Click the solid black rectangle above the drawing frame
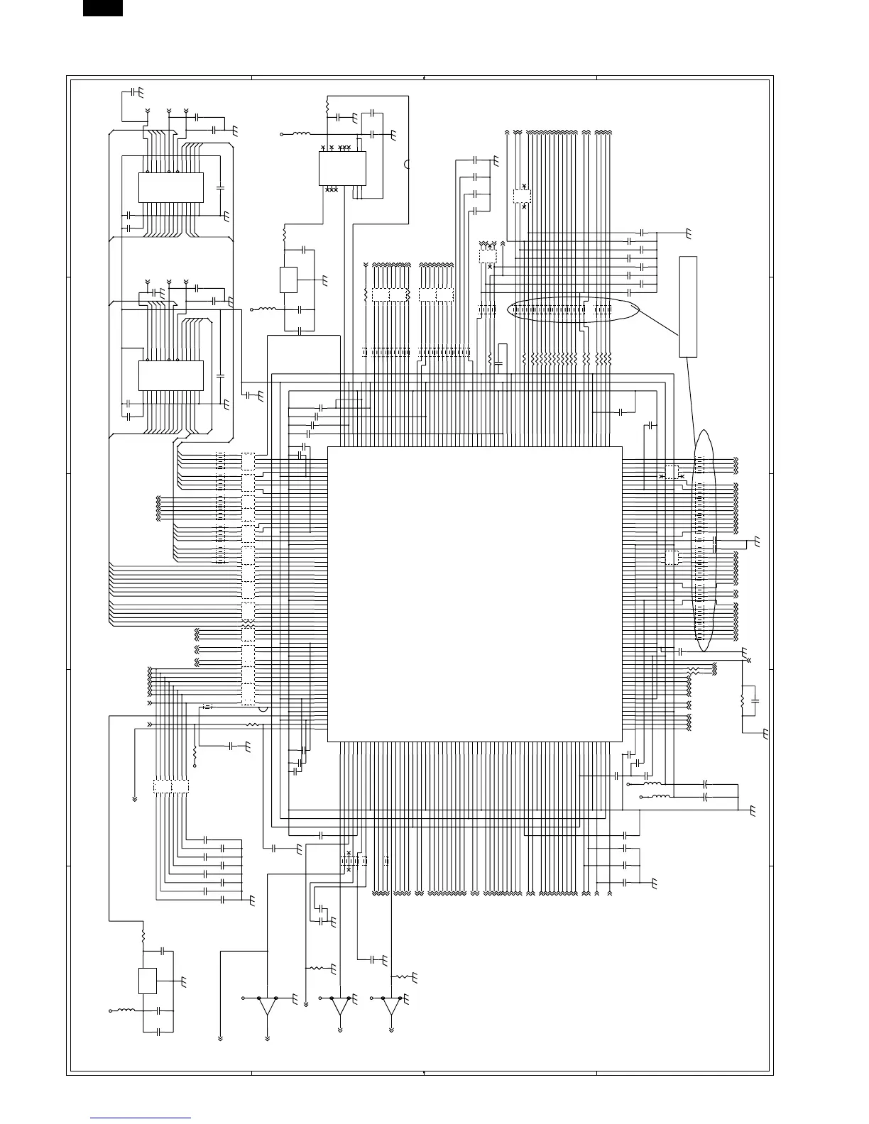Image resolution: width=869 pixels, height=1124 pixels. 102,8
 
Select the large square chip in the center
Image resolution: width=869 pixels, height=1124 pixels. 474,594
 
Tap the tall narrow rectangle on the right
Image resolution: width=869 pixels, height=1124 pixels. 688,307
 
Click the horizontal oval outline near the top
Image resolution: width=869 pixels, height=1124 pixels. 574,310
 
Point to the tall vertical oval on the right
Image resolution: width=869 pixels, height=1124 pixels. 703,539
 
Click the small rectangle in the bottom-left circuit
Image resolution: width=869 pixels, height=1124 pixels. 148,981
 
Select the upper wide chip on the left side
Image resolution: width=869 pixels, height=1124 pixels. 170,187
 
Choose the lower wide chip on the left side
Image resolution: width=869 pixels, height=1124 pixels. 170,375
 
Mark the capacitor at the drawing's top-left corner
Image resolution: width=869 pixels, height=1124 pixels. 135,92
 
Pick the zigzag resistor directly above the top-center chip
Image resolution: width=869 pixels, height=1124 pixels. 327,105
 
